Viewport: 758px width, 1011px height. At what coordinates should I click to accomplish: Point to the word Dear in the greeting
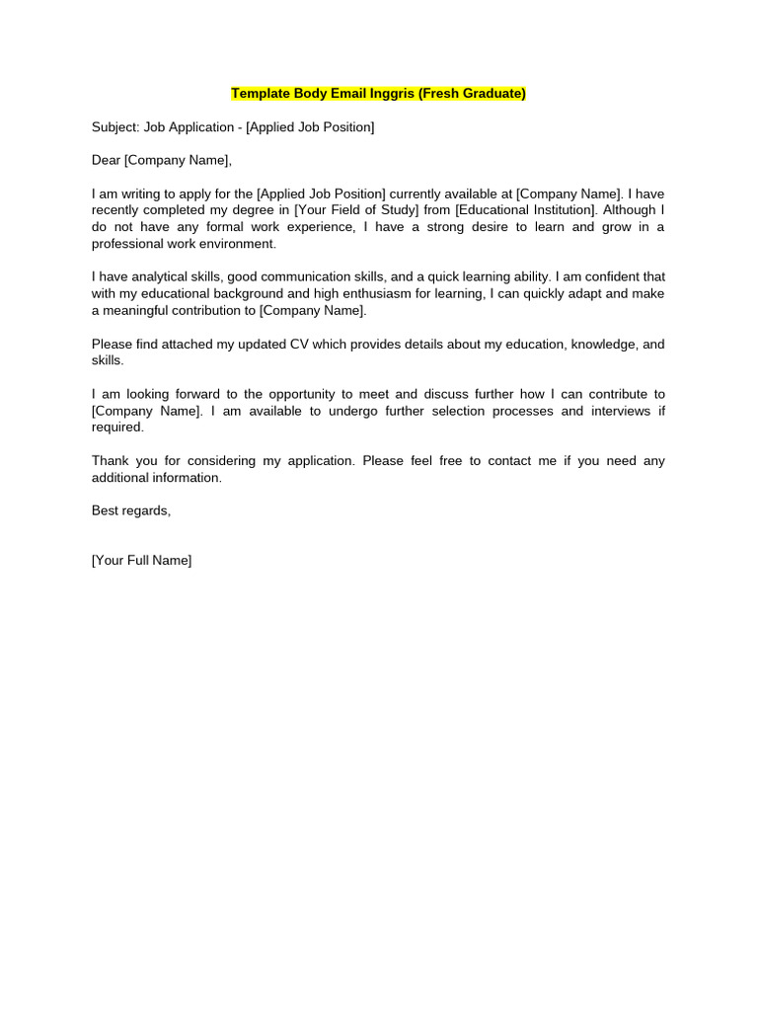(106, 160)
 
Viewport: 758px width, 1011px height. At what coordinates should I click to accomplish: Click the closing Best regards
(131, 510)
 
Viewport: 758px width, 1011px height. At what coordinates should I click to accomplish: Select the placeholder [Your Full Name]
(141, 560)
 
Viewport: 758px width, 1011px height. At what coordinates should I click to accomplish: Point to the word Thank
(111, 460)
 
